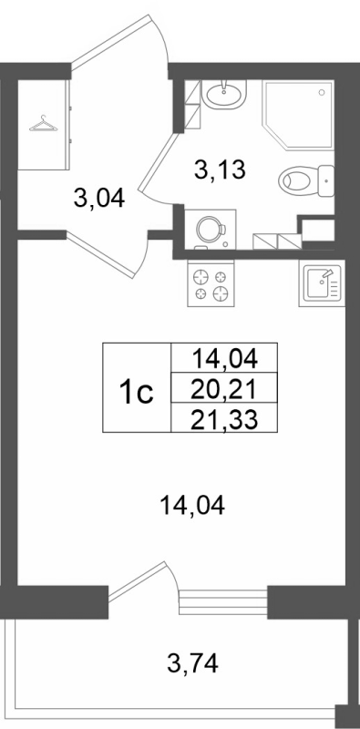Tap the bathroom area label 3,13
(222, 169)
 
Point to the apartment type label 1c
(137, 391)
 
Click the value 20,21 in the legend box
(222, 390)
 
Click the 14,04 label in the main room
(190, 504)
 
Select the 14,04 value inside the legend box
(222, 361)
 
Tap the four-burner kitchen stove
(211, 283)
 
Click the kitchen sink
(321, 283)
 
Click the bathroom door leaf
(165, 150)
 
